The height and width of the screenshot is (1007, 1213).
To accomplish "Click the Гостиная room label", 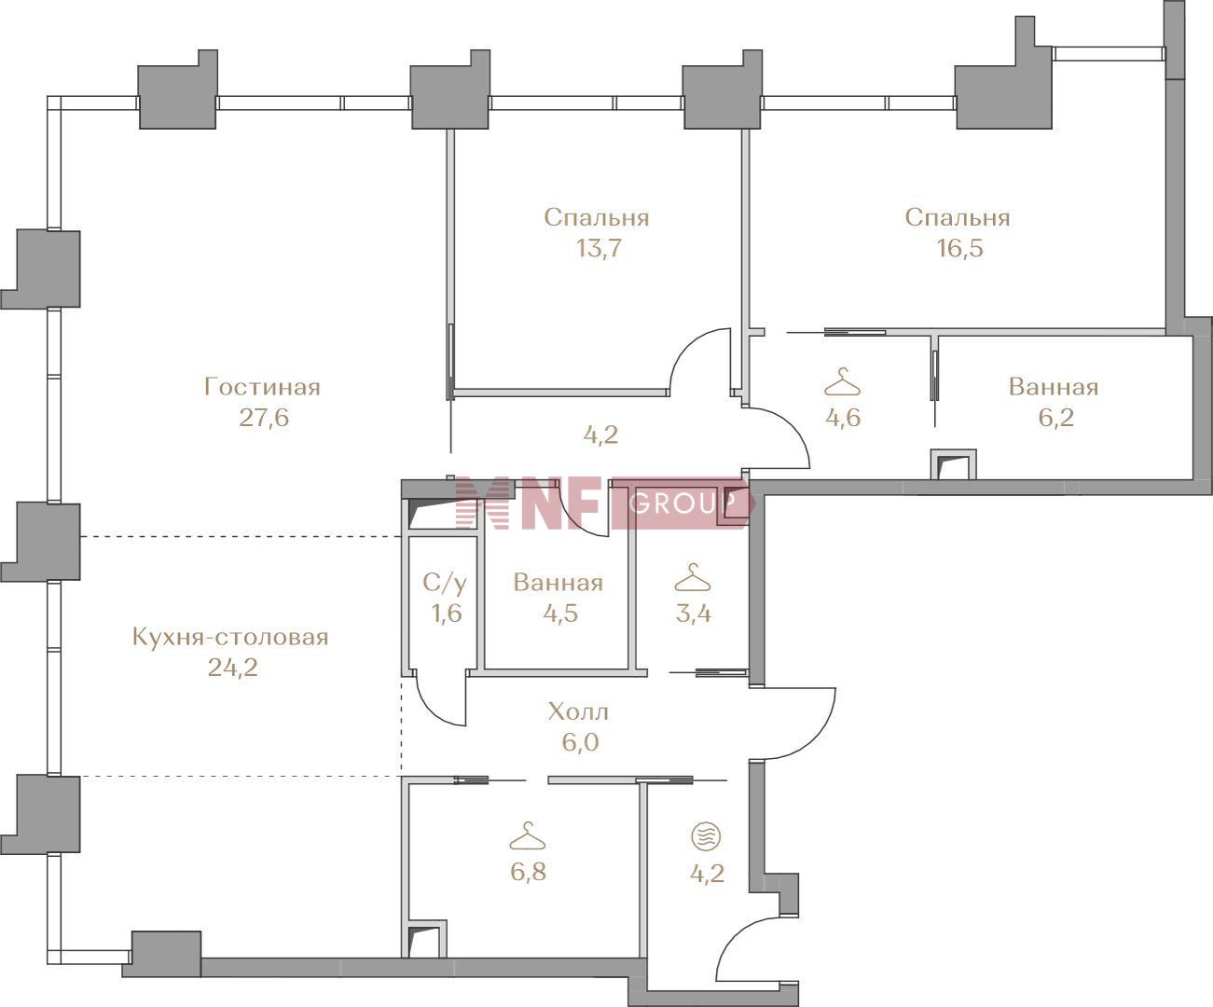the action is pos(263,387).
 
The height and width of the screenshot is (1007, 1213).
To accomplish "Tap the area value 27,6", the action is pos(264,418).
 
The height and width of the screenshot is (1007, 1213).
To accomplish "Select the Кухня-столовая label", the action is pos(230,638).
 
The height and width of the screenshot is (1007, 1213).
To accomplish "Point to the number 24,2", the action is pos(233,669).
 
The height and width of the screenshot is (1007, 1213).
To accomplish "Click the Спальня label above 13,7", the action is pos(597,218).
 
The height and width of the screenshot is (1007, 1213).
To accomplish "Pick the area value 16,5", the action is pos(959,248).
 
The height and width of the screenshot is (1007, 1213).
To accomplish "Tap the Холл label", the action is pos(578,711).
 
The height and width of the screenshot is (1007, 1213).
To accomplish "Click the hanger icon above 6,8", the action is pos(528,836).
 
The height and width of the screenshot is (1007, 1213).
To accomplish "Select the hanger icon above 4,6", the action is pos(842,381).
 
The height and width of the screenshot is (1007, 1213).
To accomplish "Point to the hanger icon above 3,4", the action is pos(693,577).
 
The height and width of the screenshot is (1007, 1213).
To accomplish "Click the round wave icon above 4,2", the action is pos(707,836).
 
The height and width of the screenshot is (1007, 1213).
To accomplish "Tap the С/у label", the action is pos(445,583).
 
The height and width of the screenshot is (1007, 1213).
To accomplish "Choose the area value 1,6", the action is pos(447,613).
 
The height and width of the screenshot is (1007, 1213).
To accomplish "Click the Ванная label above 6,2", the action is pos(1054,387).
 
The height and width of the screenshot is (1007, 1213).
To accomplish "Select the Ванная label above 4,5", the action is pos(558,583).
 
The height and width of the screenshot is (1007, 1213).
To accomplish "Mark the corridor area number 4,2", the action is pos(600,435).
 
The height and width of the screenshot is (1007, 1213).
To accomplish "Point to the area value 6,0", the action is pos(580,742).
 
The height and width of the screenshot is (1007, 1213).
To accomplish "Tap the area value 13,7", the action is pos(599,248).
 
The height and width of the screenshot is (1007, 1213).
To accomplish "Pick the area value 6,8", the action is pos(528,872).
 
